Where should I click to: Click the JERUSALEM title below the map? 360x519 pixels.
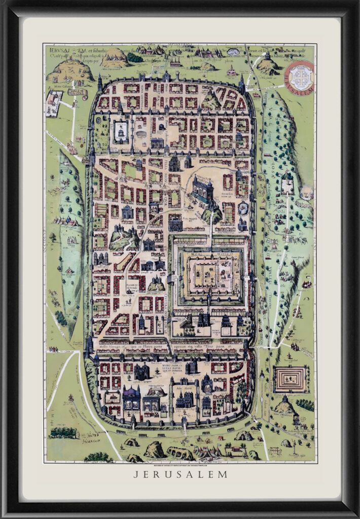click(180, 474)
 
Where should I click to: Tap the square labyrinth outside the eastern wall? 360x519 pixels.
click(291, 378)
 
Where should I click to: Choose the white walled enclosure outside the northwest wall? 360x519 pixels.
click(54, 103)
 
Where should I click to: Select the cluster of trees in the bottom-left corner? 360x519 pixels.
click(64, 432)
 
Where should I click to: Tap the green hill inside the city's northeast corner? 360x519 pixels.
click(211, 100)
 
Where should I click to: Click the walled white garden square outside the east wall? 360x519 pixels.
click(288, 184)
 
